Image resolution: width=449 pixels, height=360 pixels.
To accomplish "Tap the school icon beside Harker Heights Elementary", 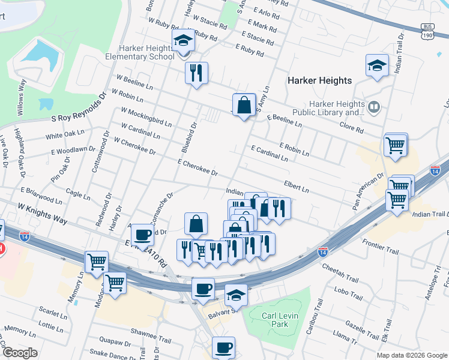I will (182, 41).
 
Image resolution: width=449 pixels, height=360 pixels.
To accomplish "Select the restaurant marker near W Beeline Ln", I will (196, 74).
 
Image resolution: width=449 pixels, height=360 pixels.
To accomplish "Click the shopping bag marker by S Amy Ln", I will (244, 106).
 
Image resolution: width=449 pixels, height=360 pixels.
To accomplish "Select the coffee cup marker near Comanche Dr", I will (142, 235).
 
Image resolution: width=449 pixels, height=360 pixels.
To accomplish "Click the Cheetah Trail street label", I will (340, 269).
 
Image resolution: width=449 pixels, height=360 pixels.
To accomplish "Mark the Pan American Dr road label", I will (368, 192).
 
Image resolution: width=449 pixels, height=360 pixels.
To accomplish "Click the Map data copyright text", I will (411, 355).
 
